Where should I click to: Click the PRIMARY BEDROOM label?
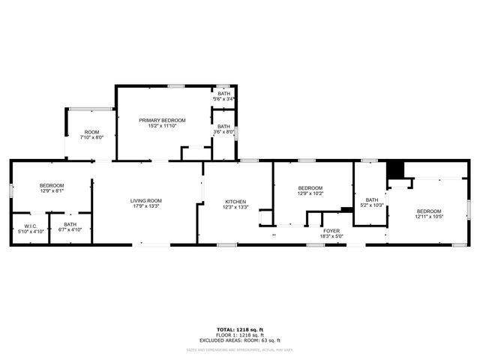tap(162, 120)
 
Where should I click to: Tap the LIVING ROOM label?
tap(146, 200)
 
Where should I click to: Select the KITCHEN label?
tap(235, 202)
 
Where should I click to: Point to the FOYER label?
tap(331, 231)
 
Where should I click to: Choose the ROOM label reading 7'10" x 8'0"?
tap(91, 132)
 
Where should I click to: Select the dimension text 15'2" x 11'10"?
tap(162, 125)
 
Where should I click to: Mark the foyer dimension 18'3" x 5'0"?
tap(331, 236)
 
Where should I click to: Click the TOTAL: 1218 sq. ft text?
tap(239, 330)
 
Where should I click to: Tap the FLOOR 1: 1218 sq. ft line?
tap(239, 335)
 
